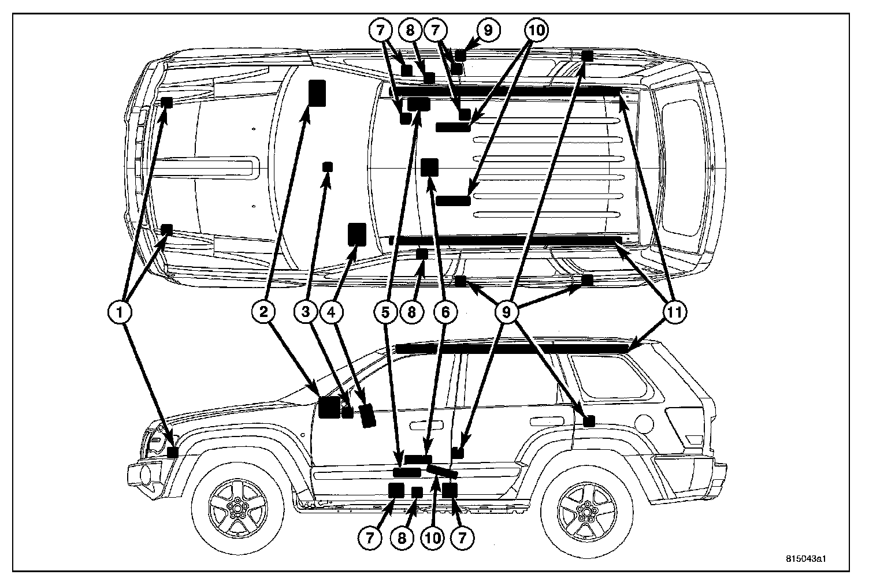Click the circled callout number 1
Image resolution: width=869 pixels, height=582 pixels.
120,312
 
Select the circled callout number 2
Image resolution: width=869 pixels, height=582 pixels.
263,312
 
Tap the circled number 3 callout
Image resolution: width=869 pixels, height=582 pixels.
306,312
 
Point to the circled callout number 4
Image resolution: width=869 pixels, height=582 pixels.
332,312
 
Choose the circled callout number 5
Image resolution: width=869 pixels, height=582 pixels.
385,312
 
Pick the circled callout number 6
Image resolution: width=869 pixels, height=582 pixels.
445,312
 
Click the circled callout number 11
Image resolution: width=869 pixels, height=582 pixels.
674,312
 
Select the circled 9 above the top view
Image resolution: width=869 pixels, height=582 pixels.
488,30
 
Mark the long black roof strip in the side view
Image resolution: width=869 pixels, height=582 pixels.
511,348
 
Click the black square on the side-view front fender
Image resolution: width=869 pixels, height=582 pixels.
172,452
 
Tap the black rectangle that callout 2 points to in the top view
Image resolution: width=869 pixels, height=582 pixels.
317,92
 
